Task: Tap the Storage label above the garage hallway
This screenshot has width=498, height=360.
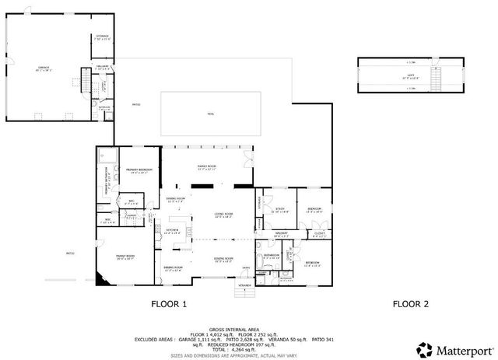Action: (103, 37)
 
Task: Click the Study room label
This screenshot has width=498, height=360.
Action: (280, 209)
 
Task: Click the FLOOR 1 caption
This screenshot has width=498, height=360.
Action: (168, 304)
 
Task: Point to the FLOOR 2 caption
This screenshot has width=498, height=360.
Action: (411, 304)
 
